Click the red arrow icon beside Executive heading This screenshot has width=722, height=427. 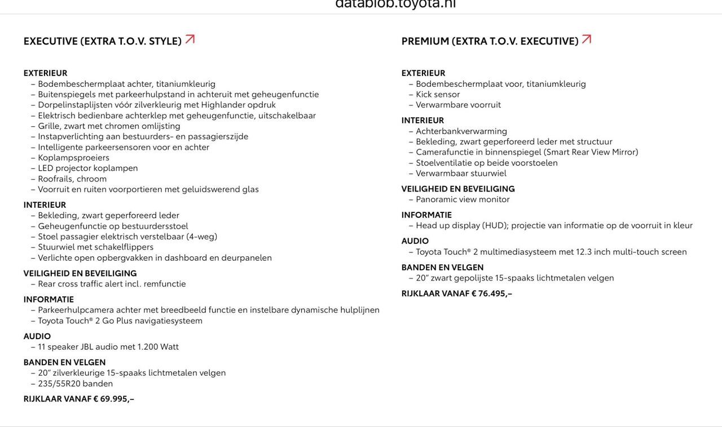pos(190,39)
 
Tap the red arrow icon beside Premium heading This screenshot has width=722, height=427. pos(587,39)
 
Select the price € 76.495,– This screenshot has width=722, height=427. pos(492,293)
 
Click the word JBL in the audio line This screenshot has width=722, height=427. pos(87,347)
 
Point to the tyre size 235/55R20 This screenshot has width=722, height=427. pos(59,384)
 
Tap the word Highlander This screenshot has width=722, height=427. pos(223,105)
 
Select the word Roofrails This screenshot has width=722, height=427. pos(55,179)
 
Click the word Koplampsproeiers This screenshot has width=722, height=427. pos(73,158)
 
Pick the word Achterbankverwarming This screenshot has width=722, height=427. pos(461,131)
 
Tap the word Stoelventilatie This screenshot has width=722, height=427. pos(444,163)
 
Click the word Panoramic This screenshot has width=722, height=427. pos(437,199)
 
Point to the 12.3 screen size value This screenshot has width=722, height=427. pos(584,252)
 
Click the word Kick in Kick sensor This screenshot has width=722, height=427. pos(424,94)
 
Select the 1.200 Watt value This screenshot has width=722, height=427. pos(158,347)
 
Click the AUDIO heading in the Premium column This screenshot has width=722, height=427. pos(415,241)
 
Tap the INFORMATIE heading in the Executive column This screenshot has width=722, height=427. pos(49,300)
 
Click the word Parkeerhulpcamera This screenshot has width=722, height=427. pos(76,310)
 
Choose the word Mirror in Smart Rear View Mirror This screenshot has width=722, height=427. pos(624,152)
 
